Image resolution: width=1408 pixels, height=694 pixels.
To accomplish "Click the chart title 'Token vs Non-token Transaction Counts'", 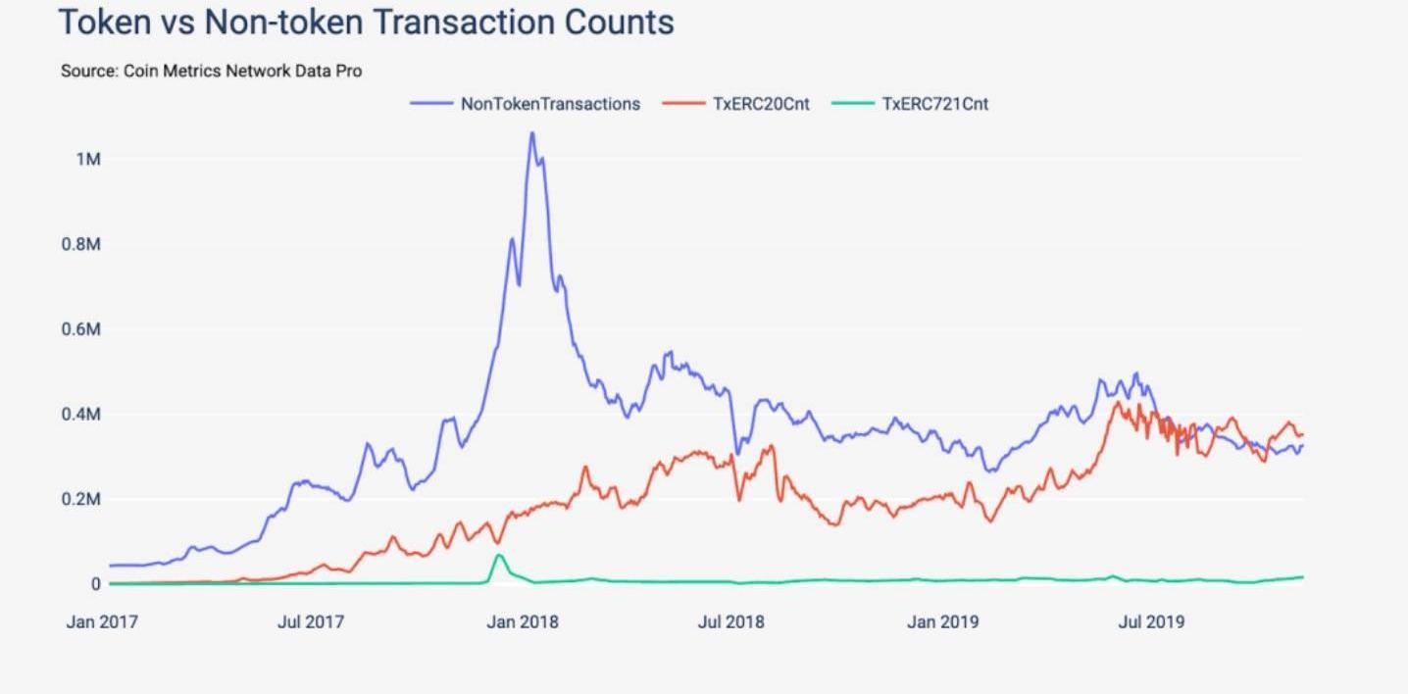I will [x=367, y=23].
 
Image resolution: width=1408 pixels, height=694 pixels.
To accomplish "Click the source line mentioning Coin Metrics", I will [x=211, y=71].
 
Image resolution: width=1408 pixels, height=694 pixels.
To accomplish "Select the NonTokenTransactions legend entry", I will [x=550, y=103].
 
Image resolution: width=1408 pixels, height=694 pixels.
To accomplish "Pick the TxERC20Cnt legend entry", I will [x=761, y=103].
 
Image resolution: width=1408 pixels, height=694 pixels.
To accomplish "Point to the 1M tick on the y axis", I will [x=88, y=159].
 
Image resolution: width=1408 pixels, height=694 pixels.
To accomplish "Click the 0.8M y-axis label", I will [x=81, y=244].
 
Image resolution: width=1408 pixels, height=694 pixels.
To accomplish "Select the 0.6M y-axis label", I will [x=81, y=329].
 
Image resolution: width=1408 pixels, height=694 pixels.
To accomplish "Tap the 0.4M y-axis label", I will [x=81, y=415].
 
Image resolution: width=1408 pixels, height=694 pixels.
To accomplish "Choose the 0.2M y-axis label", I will [x=81, y=500].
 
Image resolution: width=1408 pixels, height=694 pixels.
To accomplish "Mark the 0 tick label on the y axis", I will [x=95, y=584].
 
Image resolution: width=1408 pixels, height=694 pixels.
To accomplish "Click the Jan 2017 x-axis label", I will [x=102, y=621].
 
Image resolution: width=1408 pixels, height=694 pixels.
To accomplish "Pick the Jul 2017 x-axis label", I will [x=311, y=621].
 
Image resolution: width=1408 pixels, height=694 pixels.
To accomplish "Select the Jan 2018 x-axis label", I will [x=522, y=621].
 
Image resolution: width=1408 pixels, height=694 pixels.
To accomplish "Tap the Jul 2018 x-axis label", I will [x=730, y=621].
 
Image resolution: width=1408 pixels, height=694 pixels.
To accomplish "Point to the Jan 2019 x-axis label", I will [x=941, y=621].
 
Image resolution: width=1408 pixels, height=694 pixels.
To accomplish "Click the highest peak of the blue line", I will [x=531, y=133].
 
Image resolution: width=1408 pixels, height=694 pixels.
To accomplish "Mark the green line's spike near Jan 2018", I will [x=499, y=556].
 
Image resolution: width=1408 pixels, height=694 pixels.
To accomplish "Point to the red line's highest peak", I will [x=1116, y=402].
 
